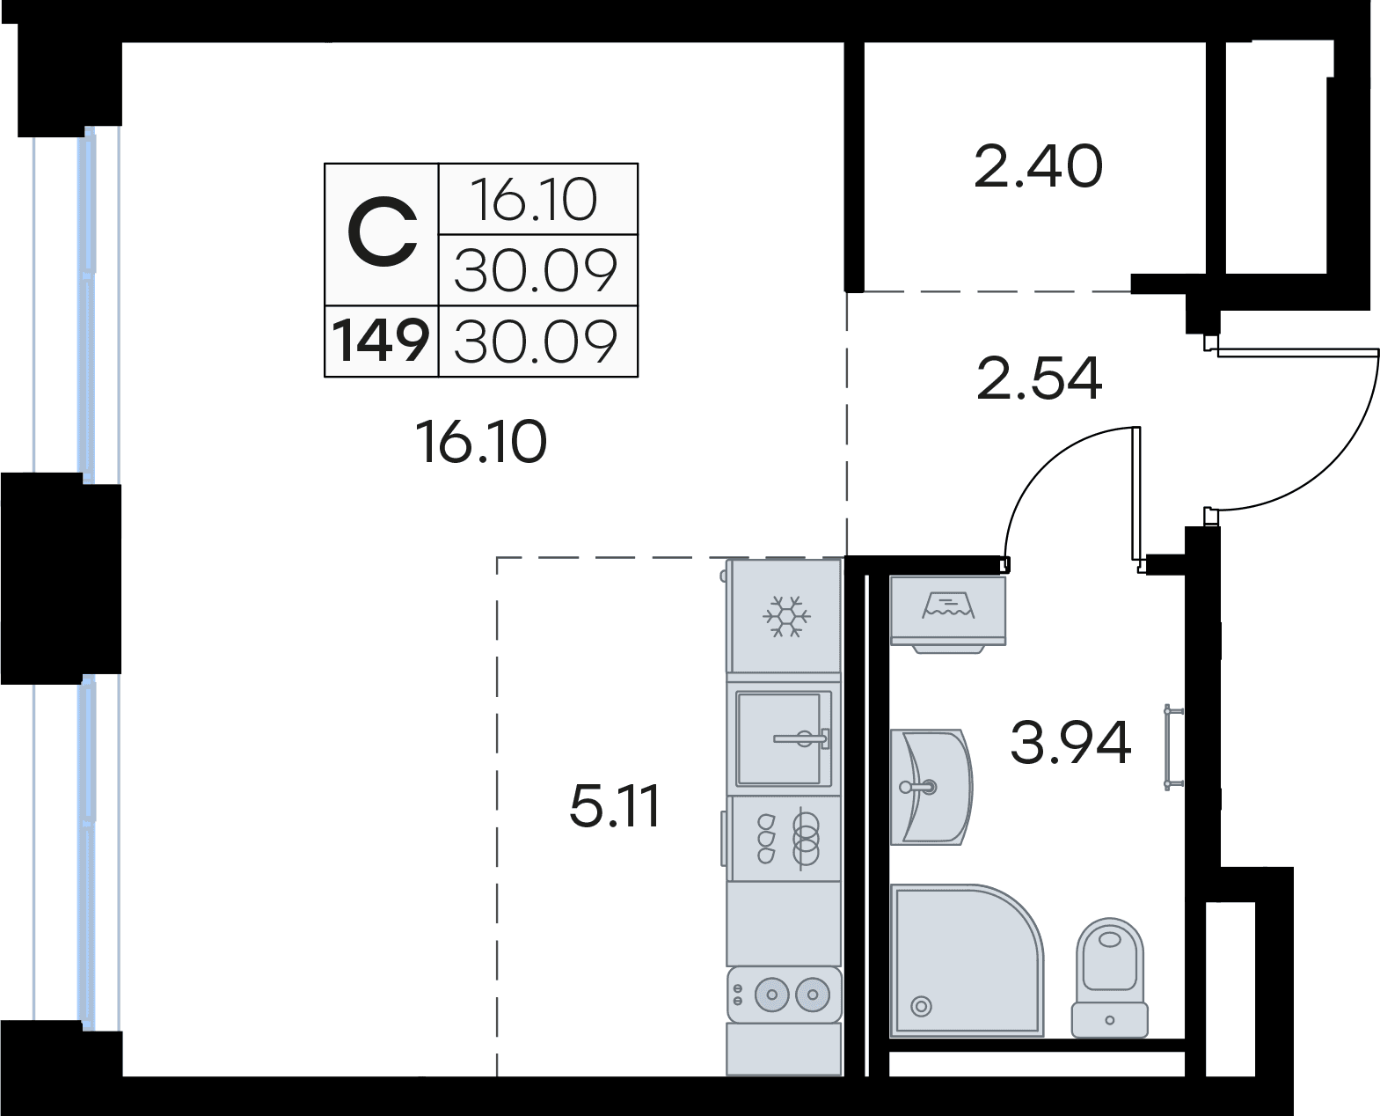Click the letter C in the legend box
point(382,233)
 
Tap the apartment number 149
point(380,341)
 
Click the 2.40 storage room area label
point(1038,166)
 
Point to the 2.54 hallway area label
point(1040,378)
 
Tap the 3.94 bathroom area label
point(1070,743)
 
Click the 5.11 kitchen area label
point(615,805)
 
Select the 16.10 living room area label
point(481,442)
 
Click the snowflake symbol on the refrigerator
point(786,616)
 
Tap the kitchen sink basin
point(784,738)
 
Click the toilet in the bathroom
point(1109,978)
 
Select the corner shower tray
point(967,960)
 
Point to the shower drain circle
point(921,1007)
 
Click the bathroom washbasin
point(931,788)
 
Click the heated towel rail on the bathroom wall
point(1173,747)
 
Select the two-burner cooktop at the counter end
point(784,995)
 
